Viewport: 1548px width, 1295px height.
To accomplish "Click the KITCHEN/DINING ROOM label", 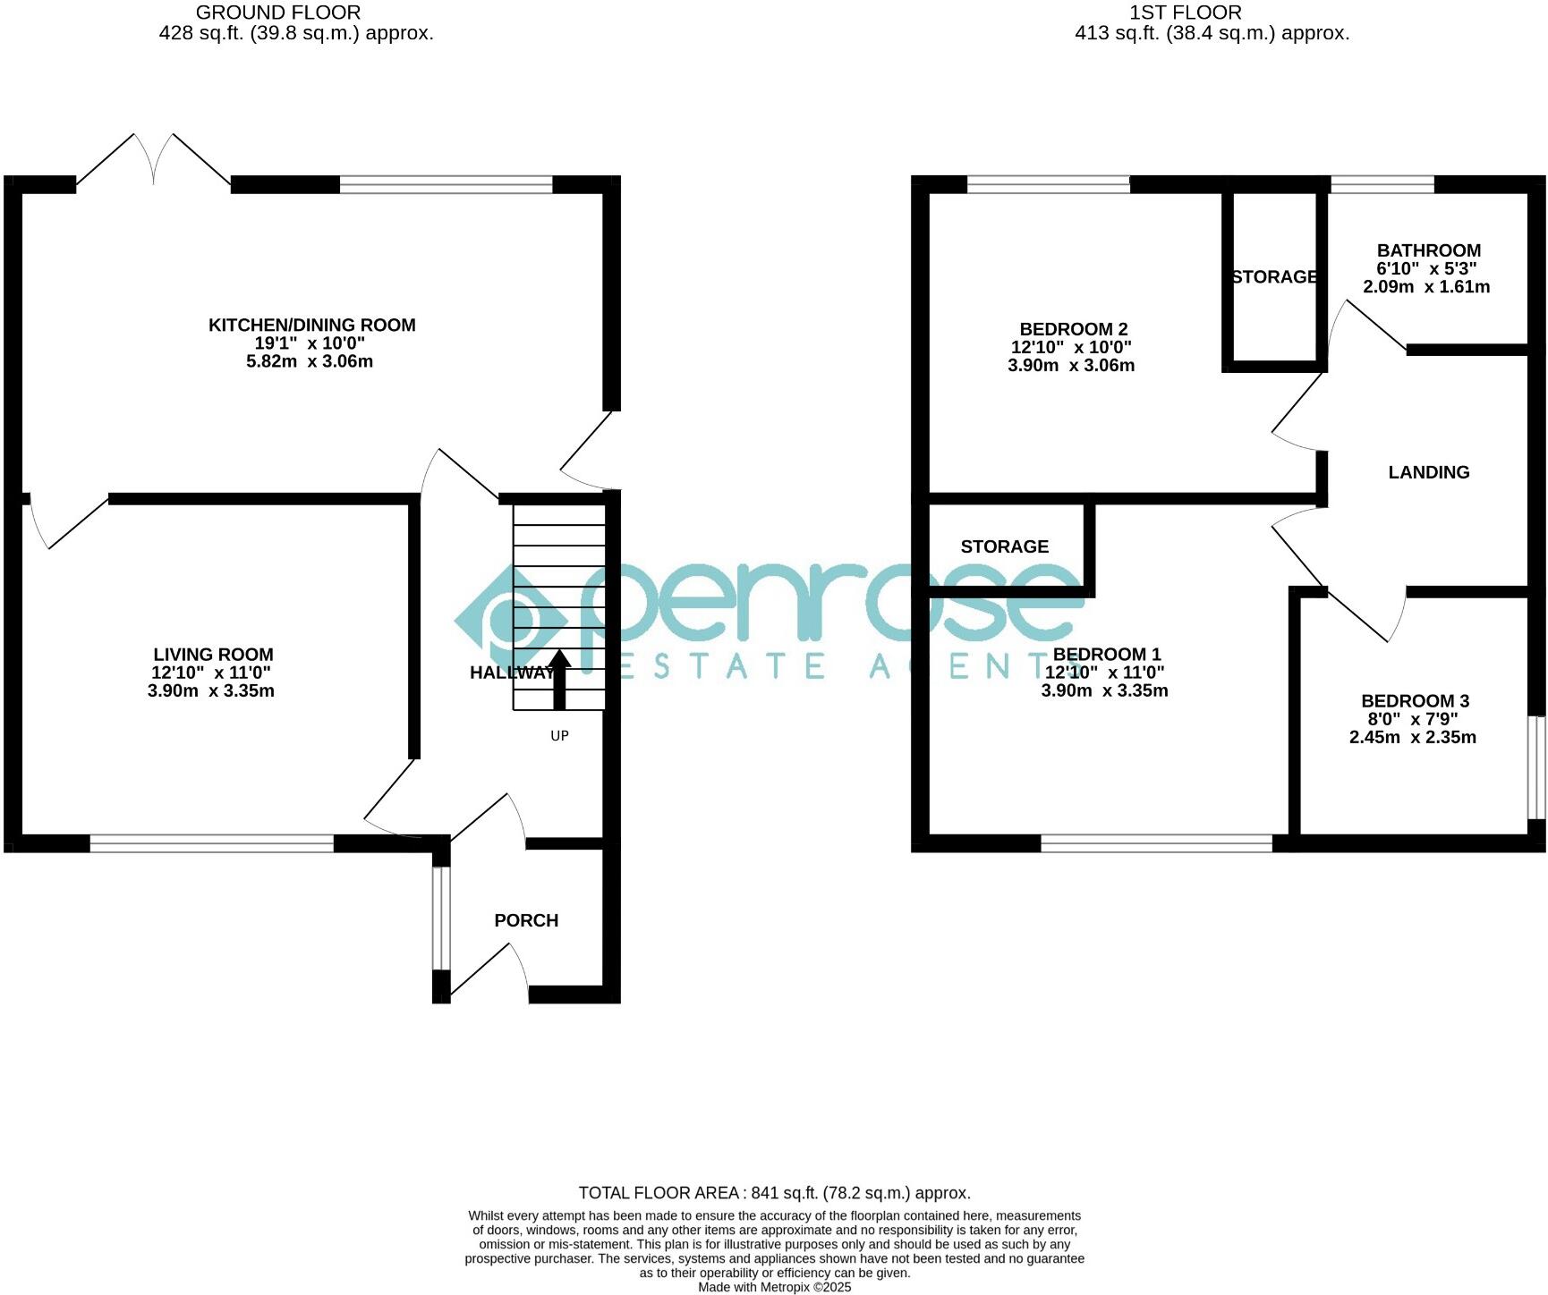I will [311, 325].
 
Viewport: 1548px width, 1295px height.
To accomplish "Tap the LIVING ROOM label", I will [213, 655].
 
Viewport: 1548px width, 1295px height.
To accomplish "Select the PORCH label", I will [526, 920].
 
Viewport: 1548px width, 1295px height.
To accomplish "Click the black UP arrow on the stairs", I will [559, 680].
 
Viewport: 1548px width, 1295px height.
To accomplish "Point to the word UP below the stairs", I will [559, 736].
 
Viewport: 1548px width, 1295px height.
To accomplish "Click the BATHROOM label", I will [1428, 250].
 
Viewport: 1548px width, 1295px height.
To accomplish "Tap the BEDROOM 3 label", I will [1415, 701].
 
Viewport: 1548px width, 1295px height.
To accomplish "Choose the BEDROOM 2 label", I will [1073, 329].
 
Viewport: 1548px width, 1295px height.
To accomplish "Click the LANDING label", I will [1428, 472].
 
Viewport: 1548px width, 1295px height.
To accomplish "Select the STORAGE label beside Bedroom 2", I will [1274, 277].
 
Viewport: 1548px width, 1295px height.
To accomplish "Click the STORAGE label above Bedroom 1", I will [1004, 546].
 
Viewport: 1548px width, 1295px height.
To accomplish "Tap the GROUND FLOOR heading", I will [278, 13].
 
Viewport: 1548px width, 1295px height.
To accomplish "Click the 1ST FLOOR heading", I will [1185, 13].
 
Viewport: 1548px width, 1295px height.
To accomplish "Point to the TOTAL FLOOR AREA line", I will [774, 1192].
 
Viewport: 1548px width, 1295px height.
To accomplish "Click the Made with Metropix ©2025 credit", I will [774, 1287].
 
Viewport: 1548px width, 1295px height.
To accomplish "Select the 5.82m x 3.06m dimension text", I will [310, 361].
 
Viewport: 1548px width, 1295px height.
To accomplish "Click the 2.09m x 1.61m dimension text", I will [1426, 287].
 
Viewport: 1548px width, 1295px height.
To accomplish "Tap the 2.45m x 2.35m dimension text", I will [1412, 738].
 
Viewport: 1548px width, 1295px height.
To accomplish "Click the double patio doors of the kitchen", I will [154, 161].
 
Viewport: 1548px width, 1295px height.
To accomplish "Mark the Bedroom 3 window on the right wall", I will [1536, 766].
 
